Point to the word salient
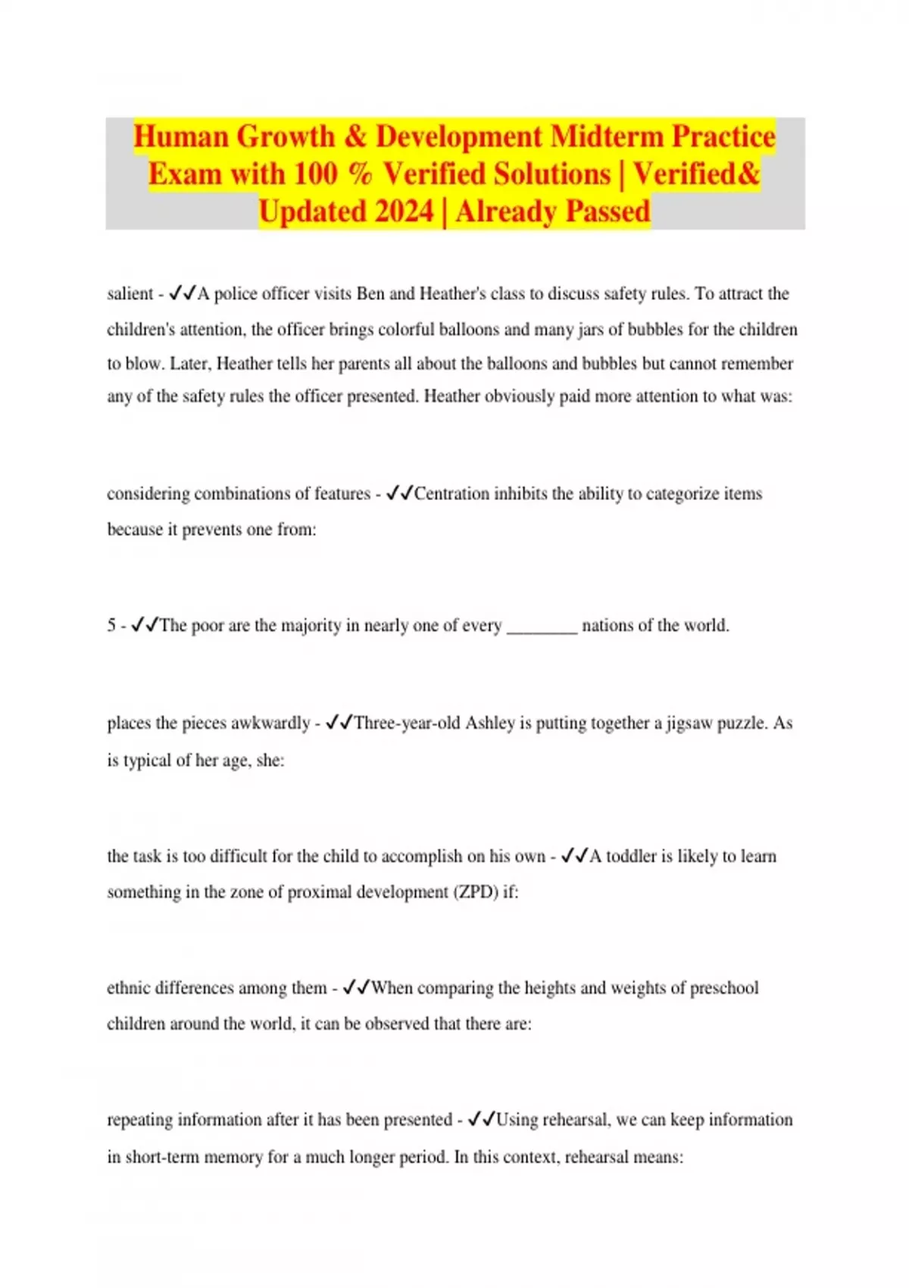click(x=130, y=294)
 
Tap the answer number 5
click(x=111, y=626)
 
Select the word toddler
click(x=631, y=856)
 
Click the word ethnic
click(x=130, y=988)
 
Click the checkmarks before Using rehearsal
click(x=482, y=1120)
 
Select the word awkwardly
click(x=271, y=723)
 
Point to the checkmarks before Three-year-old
click(x=339, y=723)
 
